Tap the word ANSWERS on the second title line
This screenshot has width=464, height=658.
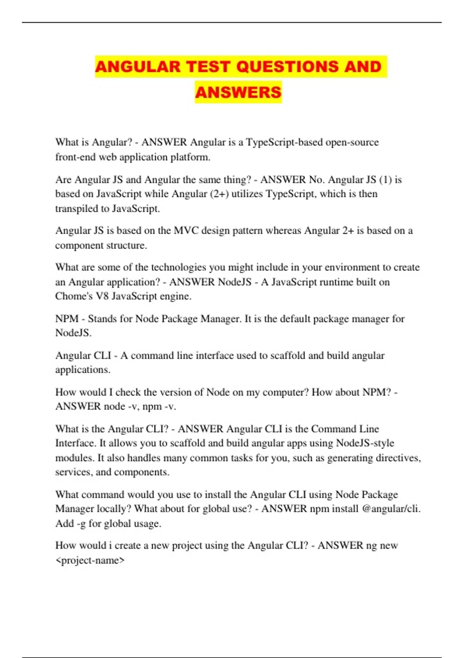pyautogui.click(x=238, y=93)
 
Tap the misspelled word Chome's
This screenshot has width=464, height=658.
pyautogui.click(x=74, y=296)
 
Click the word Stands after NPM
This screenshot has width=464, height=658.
pyautogui.click(x=102, y=319)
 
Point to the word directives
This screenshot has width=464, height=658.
pyautogui.click(x=398, y=458)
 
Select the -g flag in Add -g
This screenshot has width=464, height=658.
pyautogui.click(x=81, y=524)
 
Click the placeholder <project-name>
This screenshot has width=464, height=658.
pyautogui.click(x=90, y=560)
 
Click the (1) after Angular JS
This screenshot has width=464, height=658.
pyautogui.click(x=386, y=180)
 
